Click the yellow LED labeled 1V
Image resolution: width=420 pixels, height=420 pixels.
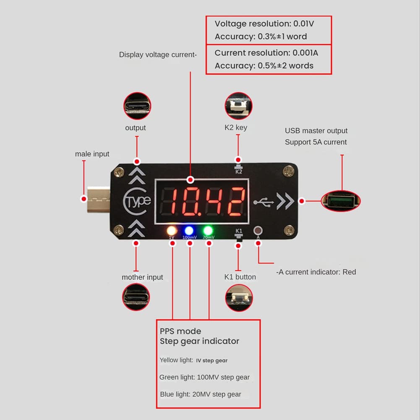pos(172,231)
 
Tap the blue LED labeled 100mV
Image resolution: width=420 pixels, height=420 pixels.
pos(189,231)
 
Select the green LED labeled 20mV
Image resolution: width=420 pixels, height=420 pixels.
pos(208,231)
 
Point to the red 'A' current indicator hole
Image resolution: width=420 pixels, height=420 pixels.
pos(258,230)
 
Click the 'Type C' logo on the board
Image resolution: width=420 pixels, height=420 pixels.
pos(137,201)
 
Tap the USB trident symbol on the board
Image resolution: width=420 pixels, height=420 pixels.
pos(264,202)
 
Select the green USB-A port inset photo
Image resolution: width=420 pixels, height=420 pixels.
pos(341,201)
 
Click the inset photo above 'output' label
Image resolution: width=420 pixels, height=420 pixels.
pos(137,106)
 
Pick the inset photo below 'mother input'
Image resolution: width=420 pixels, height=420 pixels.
pos(136,297)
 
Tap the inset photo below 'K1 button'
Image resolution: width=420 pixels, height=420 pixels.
pos(239,298)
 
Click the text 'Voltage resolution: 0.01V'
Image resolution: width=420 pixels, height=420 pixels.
pos(264,24)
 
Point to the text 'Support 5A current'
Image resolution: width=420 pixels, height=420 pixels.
pos(316,142)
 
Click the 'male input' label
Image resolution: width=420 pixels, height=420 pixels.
pos(92,154)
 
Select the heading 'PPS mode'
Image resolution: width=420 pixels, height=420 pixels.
pos(180,331)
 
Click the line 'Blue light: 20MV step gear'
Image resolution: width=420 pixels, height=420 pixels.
pos(201,394)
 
